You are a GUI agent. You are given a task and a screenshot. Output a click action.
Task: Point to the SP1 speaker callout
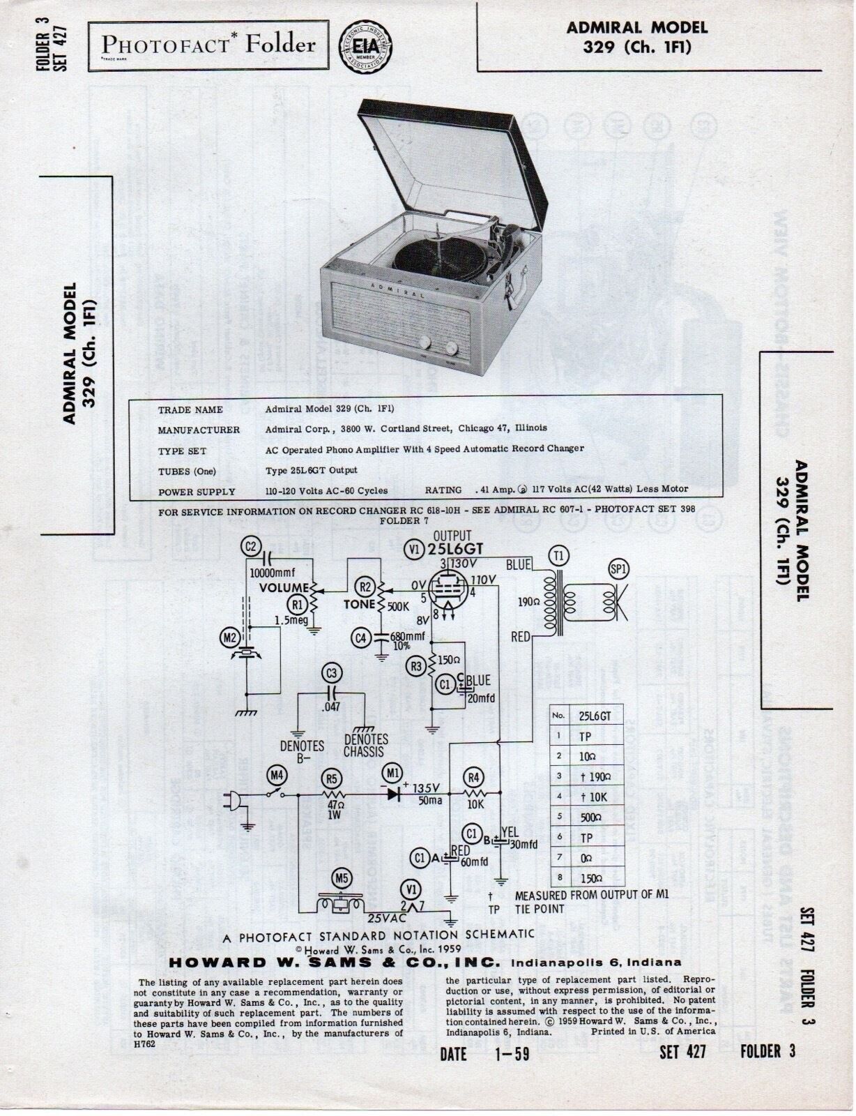[x=618, y=568]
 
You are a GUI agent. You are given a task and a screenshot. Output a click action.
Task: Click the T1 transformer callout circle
[x=559, y=555]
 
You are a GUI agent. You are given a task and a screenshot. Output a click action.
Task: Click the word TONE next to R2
[x=359, y=605]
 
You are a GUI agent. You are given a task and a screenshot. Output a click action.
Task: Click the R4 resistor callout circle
[x=474, y=777]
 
